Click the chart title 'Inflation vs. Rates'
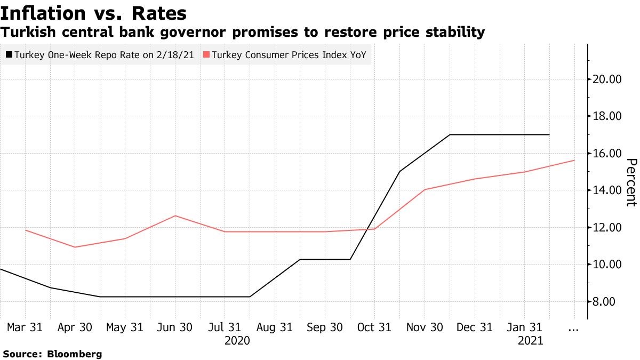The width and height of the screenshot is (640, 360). (x=94, y=13)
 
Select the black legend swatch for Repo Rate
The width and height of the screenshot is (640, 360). (x=9, y=55)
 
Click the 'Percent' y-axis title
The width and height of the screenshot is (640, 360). (x=631, y=182)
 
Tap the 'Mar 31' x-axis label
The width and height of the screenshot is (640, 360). (x=25, y=327)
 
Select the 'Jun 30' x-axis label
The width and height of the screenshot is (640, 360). (x=174, y=327)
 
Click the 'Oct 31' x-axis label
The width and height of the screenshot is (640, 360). (x=374, y=327)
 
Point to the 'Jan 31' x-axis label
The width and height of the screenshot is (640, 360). (x=524, y=327)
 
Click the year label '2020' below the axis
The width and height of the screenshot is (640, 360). (x=237, y=340)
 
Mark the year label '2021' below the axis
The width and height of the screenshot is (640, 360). (x=530, y=340)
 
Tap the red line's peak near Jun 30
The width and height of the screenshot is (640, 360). (x=175, y=215)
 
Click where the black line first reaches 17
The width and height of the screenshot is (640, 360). (x=450, y=134)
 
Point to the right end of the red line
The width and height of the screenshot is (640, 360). (x=574, y=160)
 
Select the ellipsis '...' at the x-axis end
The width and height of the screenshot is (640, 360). (x=573, y=329)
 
